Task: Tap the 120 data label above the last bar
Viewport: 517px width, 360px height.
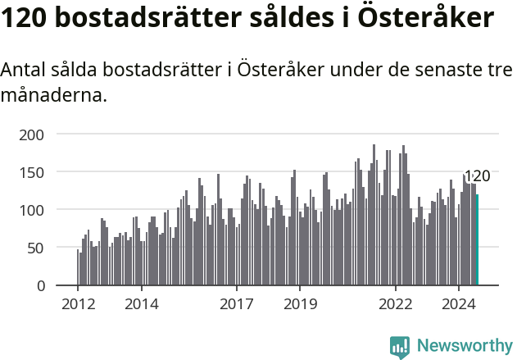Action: (477, 176)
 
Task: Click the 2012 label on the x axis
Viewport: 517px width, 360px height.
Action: (78, 303)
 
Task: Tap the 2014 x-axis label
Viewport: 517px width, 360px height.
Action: (141, 303)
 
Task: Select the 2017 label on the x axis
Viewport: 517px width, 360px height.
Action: (237, 303)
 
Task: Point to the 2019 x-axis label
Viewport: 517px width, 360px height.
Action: (300, 303)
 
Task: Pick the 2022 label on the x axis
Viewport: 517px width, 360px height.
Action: (396, 303)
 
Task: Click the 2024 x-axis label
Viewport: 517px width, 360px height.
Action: (459, 303)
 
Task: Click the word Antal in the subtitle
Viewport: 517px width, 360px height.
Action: (23, 71)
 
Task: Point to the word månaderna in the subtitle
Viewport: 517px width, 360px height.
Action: (54, 95)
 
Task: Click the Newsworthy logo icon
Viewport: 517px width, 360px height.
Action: (400, 347)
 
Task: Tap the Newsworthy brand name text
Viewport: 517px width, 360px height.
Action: (464, 347)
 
